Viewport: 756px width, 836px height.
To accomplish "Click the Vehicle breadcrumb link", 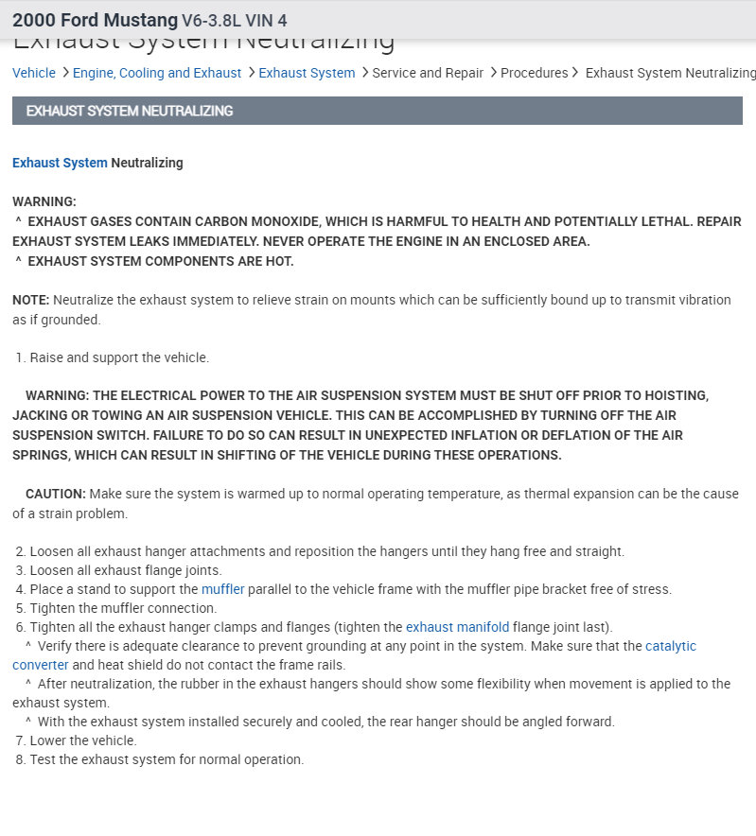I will [x=34, y=73].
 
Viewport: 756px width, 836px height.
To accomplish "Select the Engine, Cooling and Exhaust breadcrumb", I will [x=157, y=73].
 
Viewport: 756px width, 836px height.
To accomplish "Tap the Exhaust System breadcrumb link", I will [x=307, y=73].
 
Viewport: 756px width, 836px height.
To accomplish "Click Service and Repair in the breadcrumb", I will [x=428, y=73].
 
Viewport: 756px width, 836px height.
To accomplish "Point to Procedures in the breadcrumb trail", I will [x=535, y=73].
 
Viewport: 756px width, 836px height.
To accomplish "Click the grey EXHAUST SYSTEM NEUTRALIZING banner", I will [x=377, y=111].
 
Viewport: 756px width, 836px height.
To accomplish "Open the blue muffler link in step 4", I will [x=223, y=589].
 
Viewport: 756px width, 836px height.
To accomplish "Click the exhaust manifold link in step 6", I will [x=457, y=627].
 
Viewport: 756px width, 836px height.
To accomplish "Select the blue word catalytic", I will [x=671, y=646].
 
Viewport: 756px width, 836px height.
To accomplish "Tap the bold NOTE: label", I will [x=31, y=300].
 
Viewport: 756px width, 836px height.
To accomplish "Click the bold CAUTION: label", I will [x=56, y=494].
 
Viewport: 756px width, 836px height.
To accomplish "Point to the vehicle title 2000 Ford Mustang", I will [x=95, y=20].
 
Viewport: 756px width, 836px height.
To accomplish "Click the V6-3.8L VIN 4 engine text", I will [x=235, y=21].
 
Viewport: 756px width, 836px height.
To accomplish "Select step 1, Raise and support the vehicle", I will [x=119, y=357].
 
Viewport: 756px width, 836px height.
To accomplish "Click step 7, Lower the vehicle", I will [x=83, y=740].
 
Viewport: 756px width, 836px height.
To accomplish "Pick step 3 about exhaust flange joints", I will [x=126, y=570].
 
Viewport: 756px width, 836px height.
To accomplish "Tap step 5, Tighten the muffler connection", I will [x=123, y=608].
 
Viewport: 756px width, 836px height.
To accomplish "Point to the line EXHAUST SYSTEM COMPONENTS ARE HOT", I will [x=161, y=261].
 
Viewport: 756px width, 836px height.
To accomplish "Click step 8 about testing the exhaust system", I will [x=167, y=759].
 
